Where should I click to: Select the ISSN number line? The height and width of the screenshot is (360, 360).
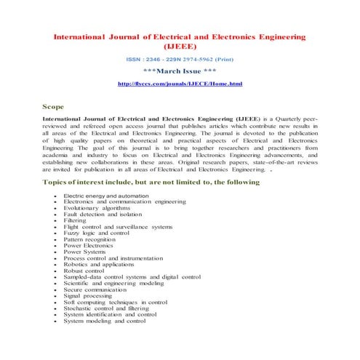click(x=180, y=60)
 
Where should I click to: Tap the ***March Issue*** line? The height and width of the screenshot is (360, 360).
click(x=180, y=73)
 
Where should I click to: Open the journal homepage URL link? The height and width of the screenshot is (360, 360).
click(x=180, y=85)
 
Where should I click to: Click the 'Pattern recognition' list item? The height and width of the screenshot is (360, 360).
click(x=89, y=239)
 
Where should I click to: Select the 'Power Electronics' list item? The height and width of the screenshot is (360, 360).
click(x=89, y=245)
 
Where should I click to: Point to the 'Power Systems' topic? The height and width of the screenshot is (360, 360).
click(x=85, y=252)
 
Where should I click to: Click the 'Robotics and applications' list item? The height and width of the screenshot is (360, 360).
click(x=99, y=264)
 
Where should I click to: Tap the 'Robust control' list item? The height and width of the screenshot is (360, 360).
click(x=84, y=271)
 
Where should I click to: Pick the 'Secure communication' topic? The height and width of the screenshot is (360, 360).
click(x=95, y=289)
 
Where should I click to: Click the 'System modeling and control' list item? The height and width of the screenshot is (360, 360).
click(x=100, y=320)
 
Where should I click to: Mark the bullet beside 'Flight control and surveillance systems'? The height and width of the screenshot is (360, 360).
click(x=56, y=227)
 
